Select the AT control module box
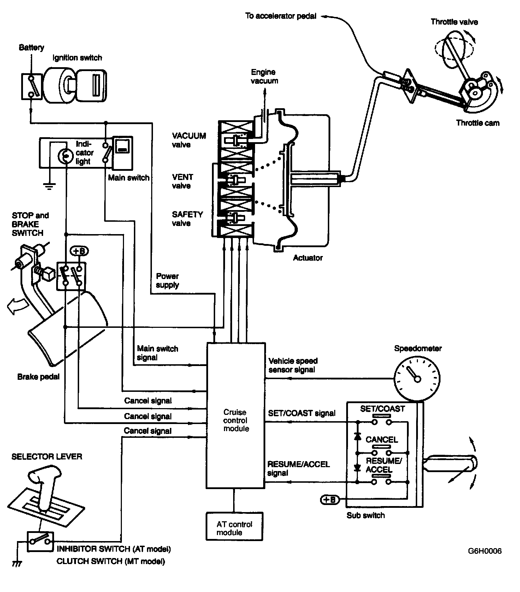pos(235,526)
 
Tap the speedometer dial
pos(417,379)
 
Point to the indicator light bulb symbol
pos(65,156)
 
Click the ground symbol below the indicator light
pos(49,186)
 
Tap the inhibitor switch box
pos(40,541)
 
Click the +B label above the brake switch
pos(80,251)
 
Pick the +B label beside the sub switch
pos(330,500)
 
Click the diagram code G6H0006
pos(485,551)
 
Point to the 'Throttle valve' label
pos(454,22)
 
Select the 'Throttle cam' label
pos(478,123)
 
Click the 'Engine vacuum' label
pos(264,76)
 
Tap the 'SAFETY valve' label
pos(187,219)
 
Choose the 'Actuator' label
pos(308,258)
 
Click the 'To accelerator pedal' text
pos(281,16)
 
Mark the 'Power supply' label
pos(167,280)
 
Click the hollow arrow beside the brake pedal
pos(15,306)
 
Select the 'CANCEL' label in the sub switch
pos(382,440)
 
